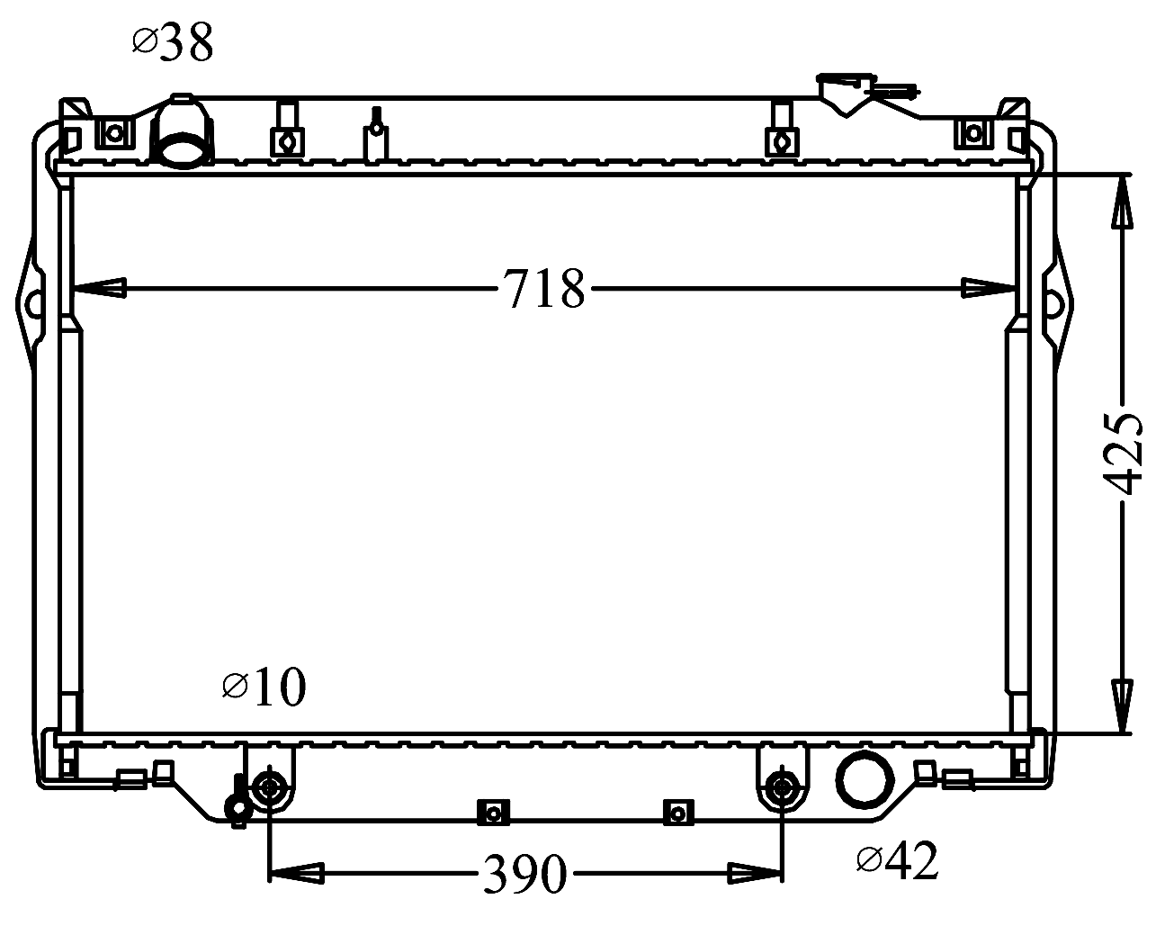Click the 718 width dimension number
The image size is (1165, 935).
click(544, 289)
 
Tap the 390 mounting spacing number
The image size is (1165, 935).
click(524, 874)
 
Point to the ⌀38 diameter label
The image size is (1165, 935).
click(173, 41)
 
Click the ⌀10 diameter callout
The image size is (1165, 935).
click(264, 687)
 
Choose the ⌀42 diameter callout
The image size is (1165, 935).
click(897, 860)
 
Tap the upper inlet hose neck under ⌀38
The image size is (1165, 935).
click(182, 130)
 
